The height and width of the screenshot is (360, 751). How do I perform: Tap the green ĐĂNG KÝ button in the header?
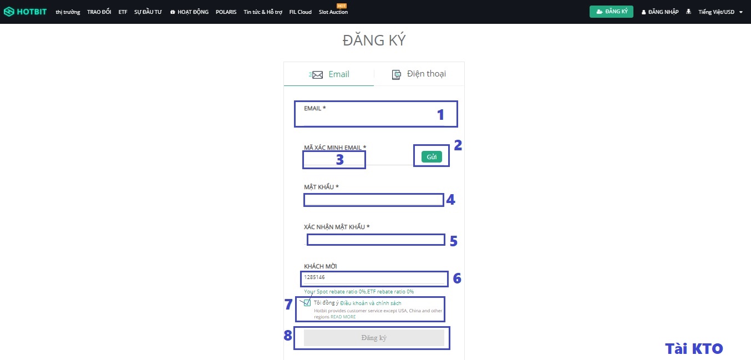[x=611, y=12]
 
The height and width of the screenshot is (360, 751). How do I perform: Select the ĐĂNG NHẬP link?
[x=660, y=12]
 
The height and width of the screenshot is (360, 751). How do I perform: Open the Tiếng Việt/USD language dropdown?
[x=720, y=12]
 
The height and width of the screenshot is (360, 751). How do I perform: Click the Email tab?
[x=331, y=74]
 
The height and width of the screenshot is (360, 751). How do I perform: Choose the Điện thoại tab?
[x=419, y=74]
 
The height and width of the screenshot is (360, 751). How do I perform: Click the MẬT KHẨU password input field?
[x=373, y=200]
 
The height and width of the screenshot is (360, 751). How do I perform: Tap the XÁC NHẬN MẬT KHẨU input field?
[x=376, y=240]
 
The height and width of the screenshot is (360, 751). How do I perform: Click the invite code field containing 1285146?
[x=374, y=277]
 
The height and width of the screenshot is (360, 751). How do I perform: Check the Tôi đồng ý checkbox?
[x=307, y=303]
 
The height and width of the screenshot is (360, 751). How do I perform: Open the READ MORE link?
[x=343, y=317]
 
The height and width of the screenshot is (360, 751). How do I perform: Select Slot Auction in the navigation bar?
[x=333, y=12]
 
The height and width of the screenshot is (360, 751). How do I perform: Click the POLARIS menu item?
[x=226, y=12]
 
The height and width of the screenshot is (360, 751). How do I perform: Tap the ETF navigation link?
[x=123, y=12]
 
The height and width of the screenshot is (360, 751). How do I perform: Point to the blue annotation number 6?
[x=457, y=278]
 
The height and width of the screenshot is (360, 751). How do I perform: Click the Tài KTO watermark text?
[x=694, y=348]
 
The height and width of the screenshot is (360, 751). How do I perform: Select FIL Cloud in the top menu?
[x=301, y=12]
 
